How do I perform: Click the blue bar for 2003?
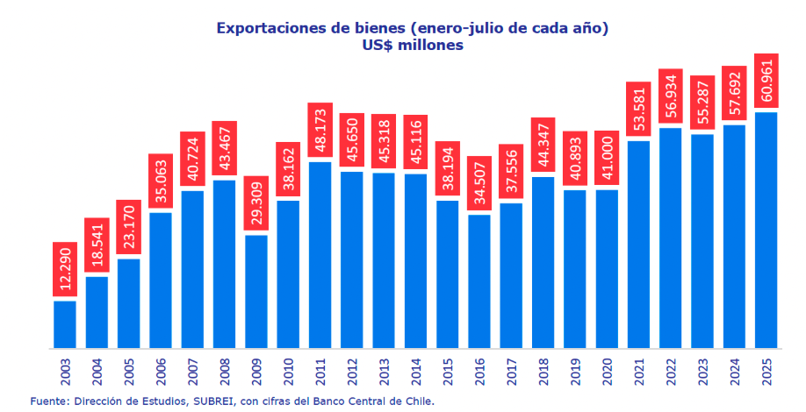pyautogui.click(x=65, y=324)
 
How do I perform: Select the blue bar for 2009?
pyautogui.click(x=256, y=291)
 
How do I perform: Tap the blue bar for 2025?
pyautogui.click(x=766, y=230)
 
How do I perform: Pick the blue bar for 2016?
pyautogui.click(x=479, y=281)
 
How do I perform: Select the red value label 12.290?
pyautogui.click(x=65, y=271)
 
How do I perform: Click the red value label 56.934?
pyautogui.click(x=671, y=97)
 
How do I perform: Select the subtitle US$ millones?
pyautogui.click(x=412, y=46)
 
